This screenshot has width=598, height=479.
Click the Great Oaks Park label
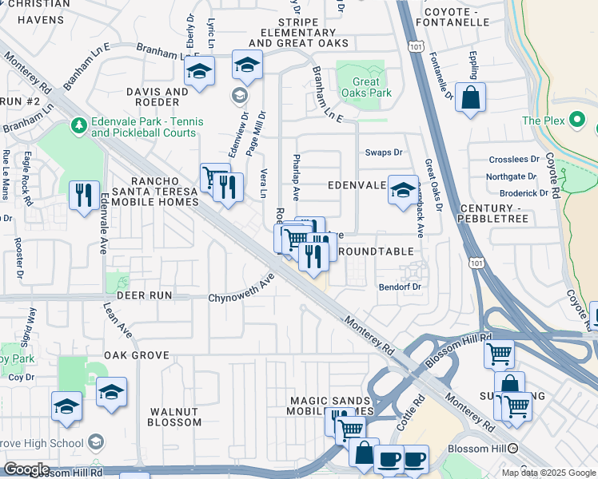367,87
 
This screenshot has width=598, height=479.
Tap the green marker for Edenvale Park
78,126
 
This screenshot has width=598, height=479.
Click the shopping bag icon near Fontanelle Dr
472,98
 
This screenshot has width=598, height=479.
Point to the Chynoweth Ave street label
241,288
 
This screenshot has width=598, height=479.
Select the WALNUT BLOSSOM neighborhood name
174,417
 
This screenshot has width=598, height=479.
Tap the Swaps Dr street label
384,152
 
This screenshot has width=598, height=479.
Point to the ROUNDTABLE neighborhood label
376,251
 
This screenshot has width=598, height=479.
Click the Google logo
26,469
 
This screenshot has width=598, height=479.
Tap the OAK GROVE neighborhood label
136,354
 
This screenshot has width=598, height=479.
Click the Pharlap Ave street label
297,176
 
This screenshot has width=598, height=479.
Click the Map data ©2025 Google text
548,472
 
